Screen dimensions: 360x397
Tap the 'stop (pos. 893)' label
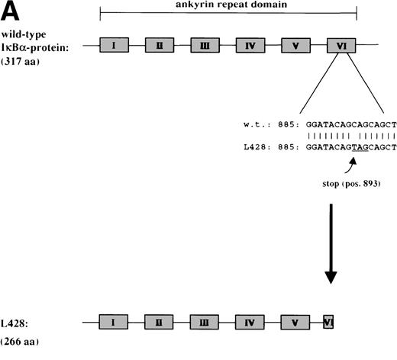click(338, 184)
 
